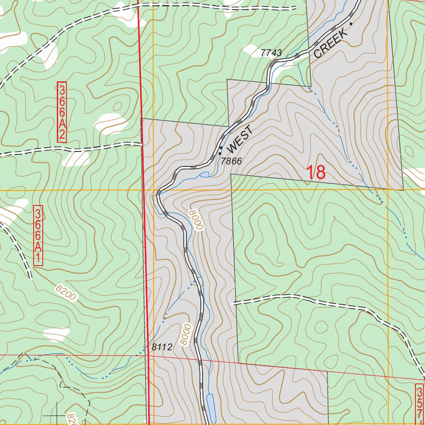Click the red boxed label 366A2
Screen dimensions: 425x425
click(x=61, y=112)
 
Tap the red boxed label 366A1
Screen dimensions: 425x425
click(x=38, y=235)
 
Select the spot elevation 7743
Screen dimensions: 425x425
click(x=271, y=53)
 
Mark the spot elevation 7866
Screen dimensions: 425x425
click(x=231, y=161)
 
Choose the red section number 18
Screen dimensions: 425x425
click(x=316, y=173)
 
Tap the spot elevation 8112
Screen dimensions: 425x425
click(x=161, y=348)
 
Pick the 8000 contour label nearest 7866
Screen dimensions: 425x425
click(x=196, y=220)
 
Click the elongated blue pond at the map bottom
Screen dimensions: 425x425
click(x=210, y=407)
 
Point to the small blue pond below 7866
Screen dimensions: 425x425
click(x=204, y=174)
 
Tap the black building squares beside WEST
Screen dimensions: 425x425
click(x=220, y=150)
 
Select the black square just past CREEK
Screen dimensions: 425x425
click(x=351, y=24)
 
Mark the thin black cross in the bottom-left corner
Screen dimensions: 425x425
click(x=56, y=415)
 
